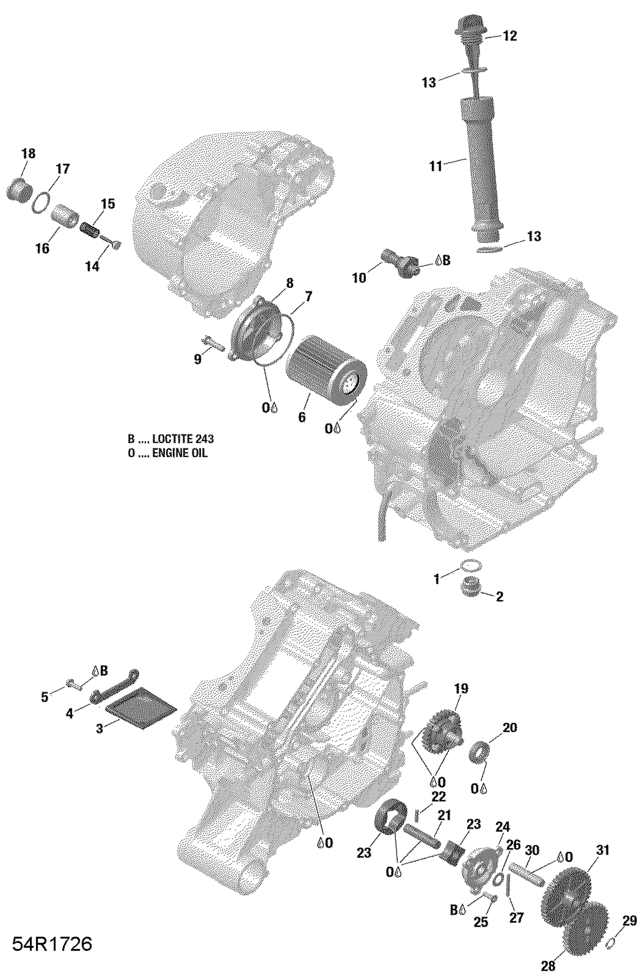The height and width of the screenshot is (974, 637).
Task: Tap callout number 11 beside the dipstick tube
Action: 436,166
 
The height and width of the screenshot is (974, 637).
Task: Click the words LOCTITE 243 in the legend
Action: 183,439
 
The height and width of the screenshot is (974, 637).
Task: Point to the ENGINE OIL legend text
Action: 180,453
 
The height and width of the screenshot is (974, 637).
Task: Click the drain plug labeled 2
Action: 471,589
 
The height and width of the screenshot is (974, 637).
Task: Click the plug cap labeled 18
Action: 19,190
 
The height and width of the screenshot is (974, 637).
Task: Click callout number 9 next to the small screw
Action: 197,360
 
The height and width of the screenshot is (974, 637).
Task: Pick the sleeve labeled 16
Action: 65,216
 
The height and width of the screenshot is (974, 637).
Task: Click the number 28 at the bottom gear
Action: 548,966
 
